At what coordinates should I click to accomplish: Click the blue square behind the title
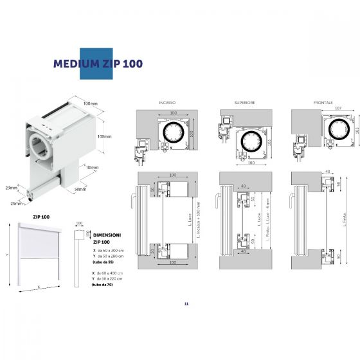click(x=94, y=64)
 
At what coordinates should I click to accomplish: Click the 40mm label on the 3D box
click(x=93, y=168)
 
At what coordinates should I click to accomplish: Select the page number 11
click(x=185, y=303)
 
